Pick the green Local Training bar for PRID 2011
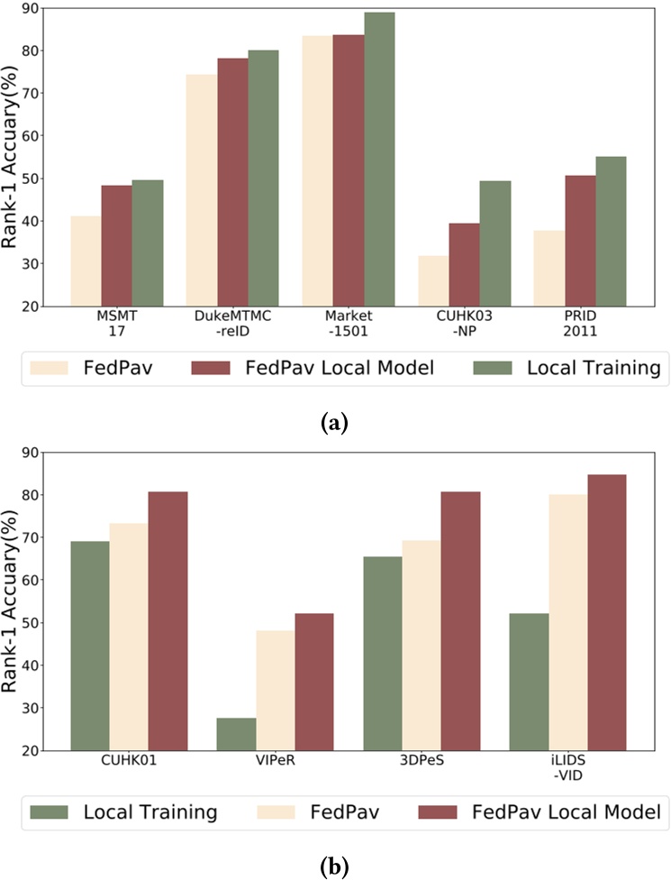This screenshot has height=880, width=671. [610, 232]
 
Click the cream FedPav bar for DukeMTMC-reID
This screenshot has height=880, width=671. [202, 190]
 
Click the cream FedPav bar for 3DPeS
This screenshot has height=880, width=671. [421, 646]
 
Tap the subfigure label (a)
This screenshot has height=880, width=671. [335, 421]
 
